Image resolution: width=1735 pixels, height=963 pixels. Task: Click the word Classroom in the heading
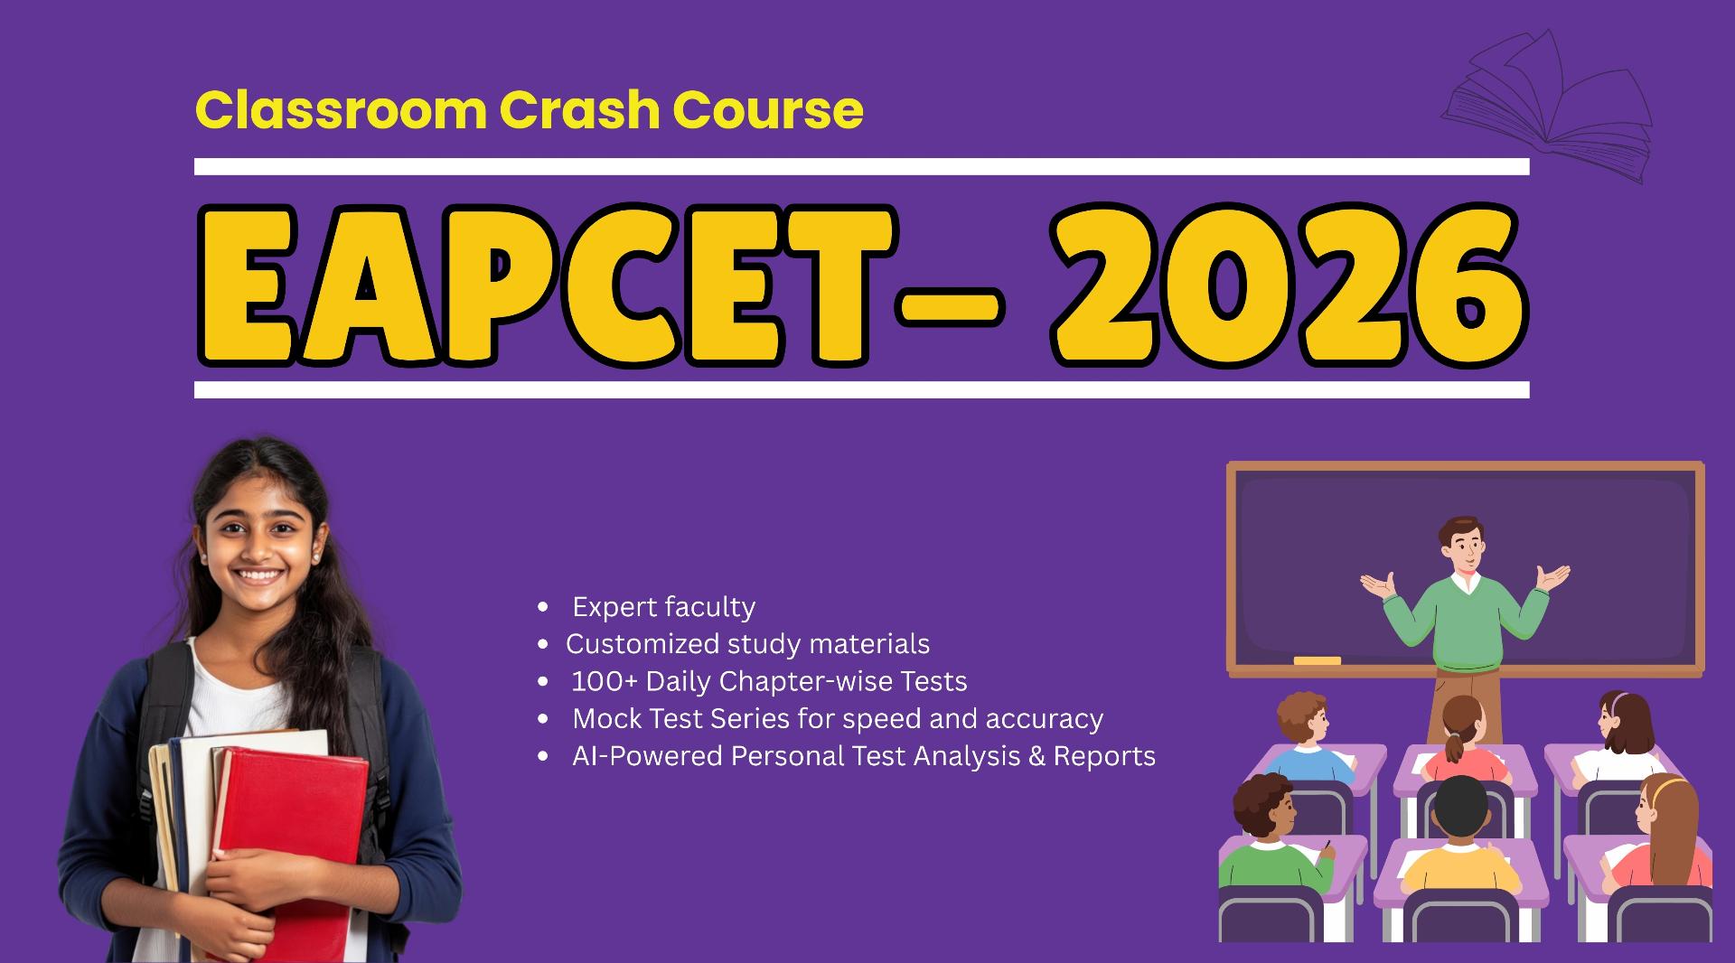(x=341, y=110)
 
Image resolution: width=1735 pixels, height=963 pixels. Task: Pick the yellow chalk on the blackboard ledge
(x=1317, y=660)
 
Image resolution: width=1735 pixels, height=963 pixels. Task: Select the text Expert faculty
(x=663, y=607)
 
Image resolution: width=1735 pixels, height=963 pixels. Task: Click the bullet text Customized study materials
(x=747, y=644)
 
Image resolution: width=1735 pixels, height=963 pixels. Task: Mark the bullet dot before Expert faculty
(x=542, y=607)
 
